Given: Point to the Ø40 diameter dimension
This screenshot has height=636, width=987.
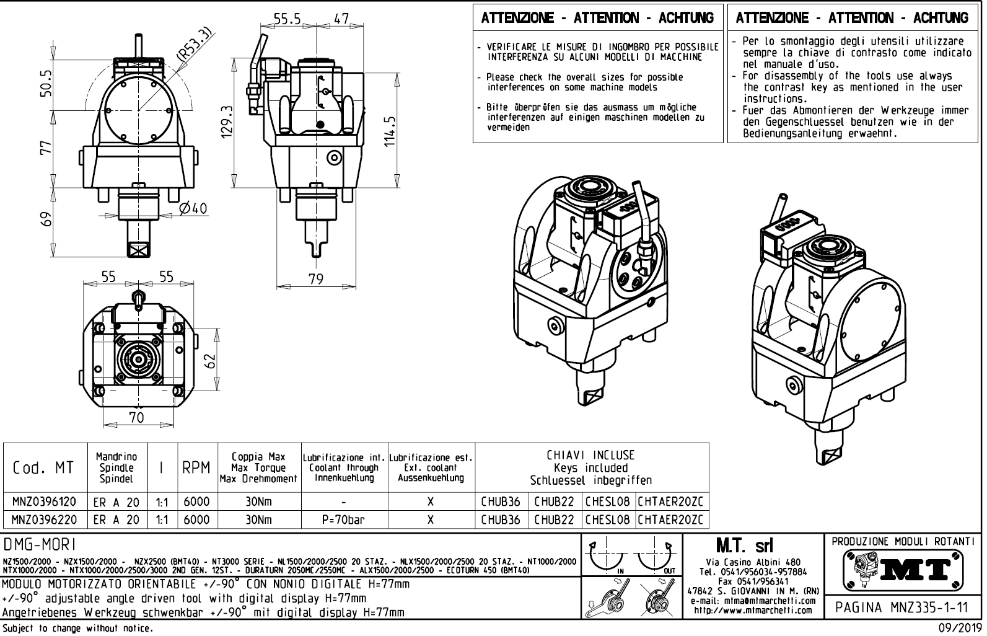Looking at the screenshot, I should (x=193, y=208).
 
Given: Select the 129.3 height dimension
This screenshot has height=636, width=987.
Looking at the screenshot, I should (x=228, y=120).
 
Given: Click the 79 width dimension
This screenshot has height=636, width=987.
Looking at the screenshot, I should (x=316, y=280).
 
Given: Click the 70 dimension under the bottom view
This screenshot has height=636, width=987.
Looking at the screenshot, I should (x=136, y=417).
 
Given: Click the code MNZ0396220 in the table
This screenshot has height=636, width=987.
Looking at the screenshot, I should (x=45, y=519).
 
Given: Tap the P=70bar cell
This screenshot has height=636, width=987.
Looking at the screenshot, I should (x=343, y=519).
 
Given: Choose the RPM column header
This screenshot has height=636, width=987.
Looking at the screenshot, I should (x=197, y=468).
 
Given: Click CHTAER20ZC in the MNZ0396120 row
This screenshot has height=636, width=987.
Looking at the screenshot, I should (x=672, y=501).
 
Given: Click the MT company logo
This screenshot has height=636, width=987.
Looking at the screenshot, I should (x=903, y=569).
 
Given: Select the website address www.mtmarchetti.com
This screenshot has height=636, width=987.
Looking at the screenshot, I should (x=753, y=610).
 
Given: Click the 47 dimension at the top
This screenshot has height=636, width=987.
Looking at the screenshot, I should (x=341, y=19).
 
